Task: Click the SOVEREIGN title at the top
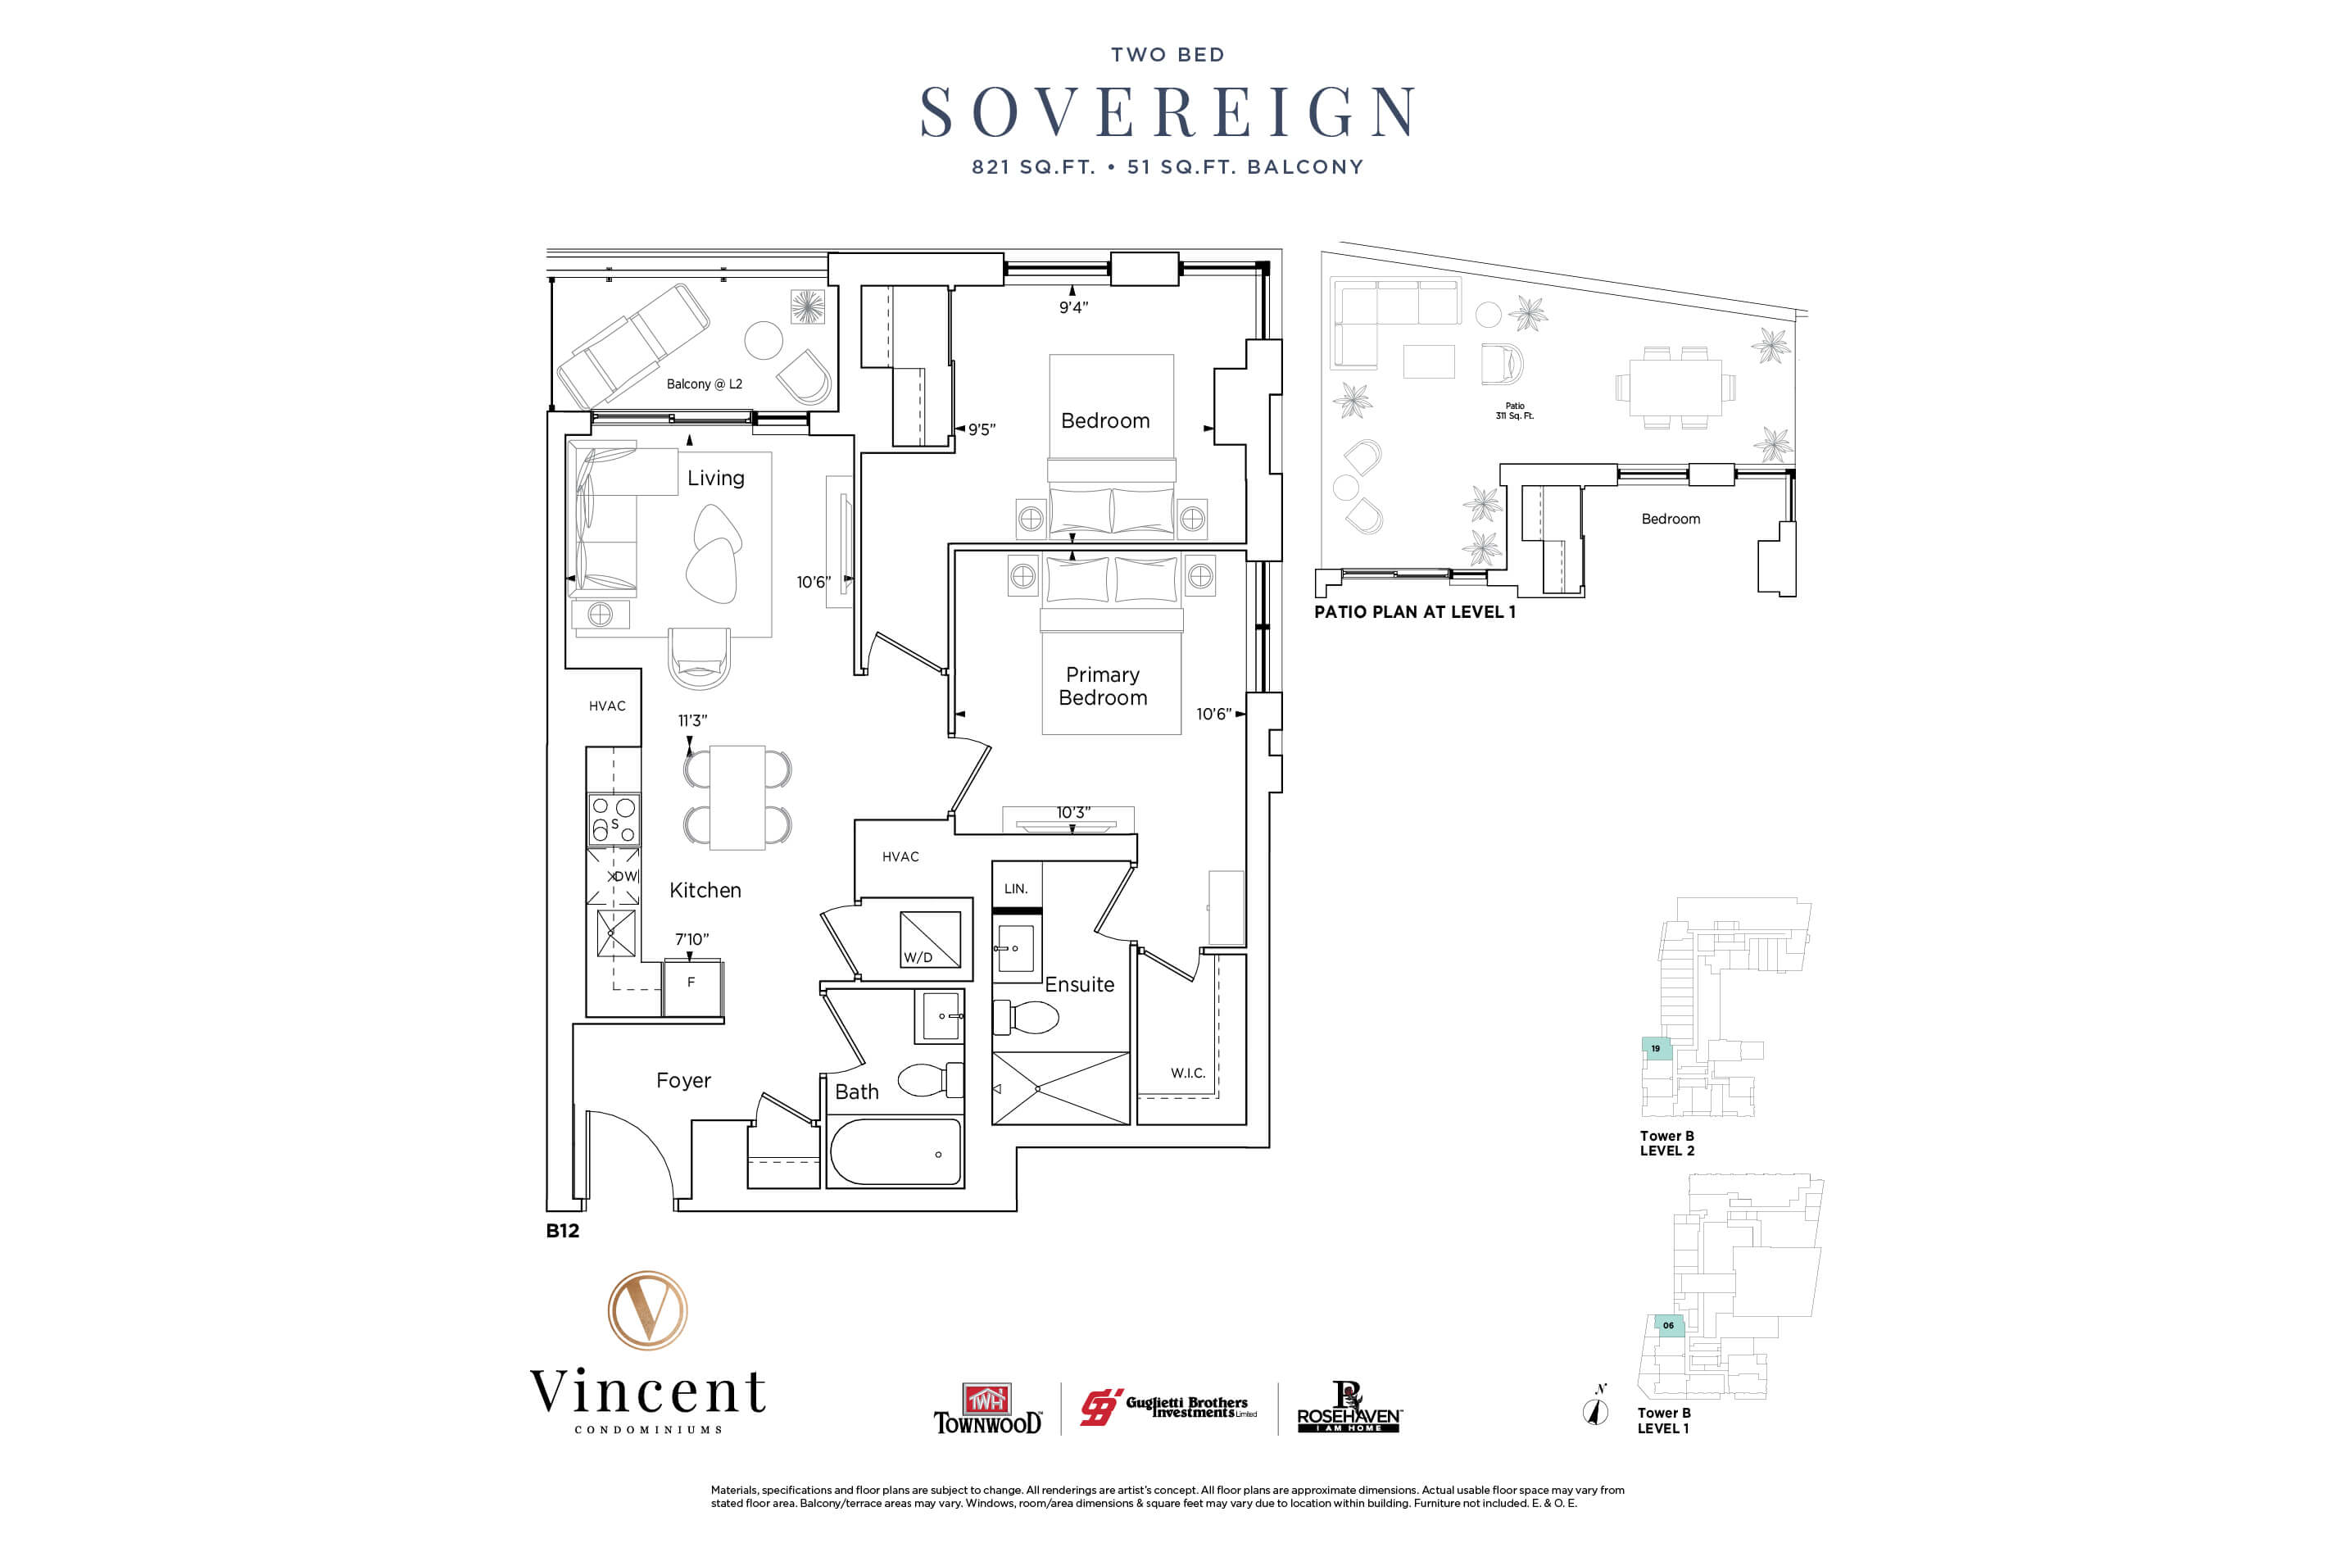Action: (x=1167, y=111)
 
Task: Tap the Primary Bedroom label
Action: (x=1102, y=686)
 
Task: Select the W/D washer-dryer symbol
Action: (x=929, y=939)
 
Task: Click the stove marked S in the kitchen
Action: (x=614, y=819)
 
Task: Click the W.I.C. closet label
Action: (x=1187, y=1074)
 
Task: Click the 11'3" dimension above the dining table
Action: (x=692, y=721)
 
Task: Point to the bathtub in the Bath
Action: (x=895, y=1152)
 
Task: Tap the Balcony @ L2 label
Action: (x=704, y=384)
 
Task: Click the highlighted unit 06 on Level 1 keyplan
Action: (x=1669, y=1326)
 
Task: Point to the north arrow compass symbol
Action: (x=1595, y=1409)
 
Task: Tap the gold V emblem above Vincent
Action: (x=647, y=1310)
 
